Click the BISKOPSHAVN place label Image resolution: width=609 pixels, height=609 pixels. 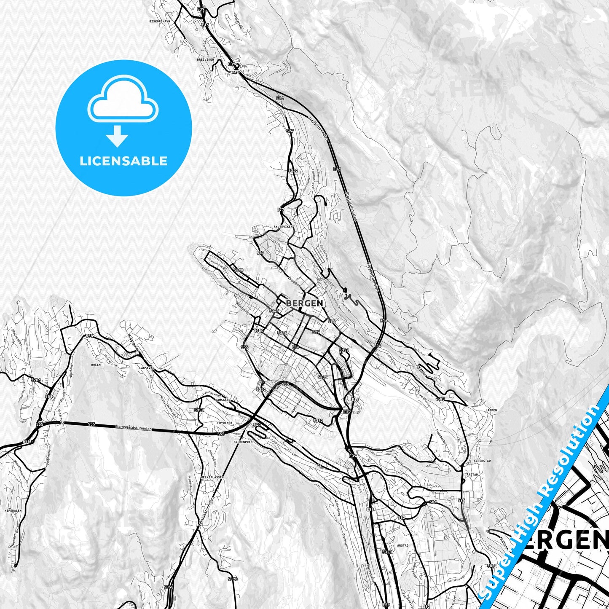click(159, 21)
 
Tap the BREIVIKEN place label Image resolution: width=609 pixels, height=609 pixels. click(205, 59)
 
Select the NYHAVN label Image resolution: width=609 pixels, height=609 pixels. click(233, 72)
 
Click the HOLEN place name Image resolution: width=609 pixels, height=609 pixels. click(96, 365)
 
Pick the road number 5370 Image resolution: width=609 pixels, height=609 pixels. click(233, 579)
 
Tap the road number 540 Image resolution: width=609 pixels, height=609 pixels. click(258, 425)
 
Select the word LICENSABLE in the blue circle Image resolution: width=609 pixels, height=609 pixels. click(123, 161)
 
